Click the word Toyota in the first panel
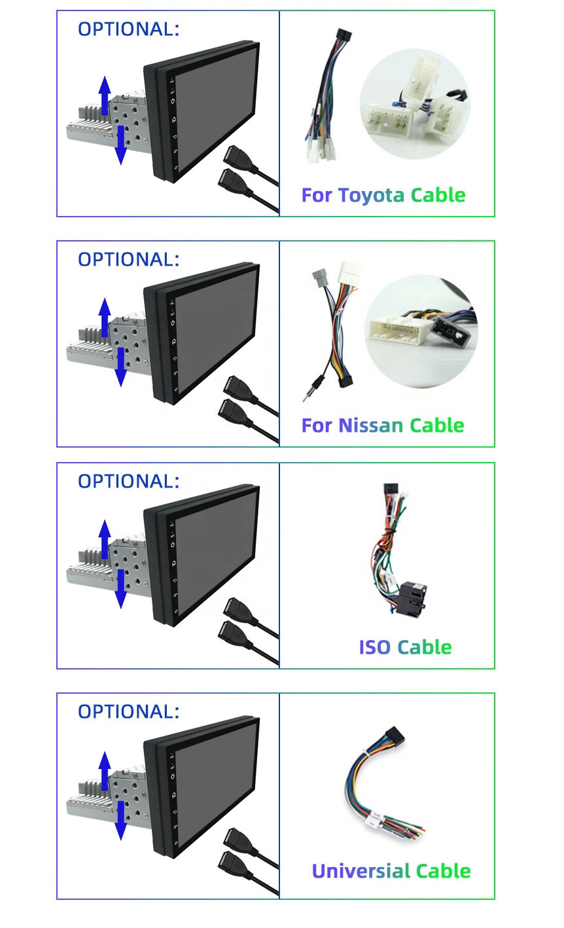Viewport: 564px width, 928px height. [371, 196]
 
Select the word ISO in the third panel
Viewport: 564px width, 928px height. [374, 647]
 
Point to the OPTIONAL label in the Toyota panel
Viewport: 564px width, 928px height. [128, 29]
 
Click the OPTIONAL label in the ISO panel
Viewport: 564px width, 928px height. [128, 482]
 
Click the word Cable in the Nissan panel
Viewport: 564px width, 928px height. [437, 426]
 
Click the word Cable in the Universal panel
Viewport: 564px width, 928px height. [443, 871]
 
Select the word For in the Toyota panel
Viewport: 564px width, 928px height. [317, 196]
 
